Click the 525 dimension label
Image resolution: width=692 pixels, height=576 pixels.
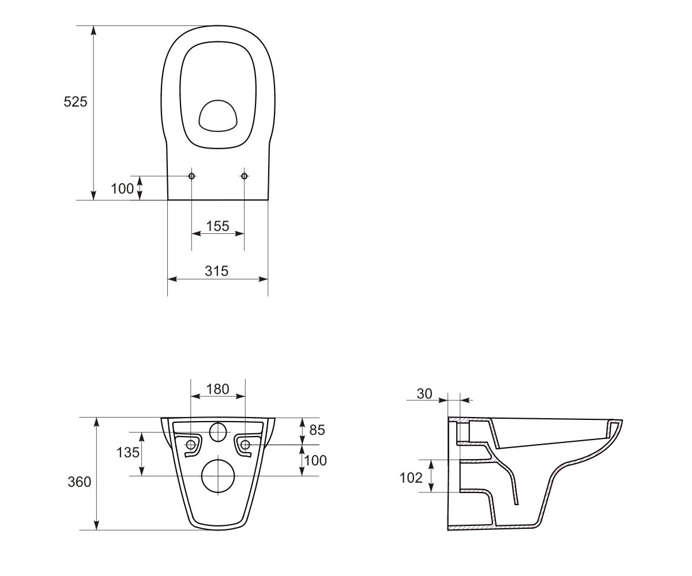[76, 101]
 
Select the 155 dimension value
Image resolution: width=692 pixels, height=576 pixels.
[218, 226]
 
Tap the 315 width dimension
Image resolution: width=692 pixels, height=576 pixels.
[217, 271]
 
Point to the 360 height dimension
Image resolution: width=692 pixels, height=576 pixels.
[80, 482]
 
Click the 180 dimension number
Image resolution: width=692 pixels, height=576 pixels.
[218, 389]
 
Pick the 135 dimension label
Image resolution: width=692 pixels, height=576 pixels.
[128, 453]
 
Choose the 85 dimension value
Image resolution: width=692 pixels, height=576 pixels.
[317, 430]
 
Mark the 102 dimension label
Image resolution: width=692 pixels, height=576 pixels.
[411, 478]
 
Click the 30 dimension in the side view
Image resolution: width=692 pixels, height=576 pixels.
[424, 394]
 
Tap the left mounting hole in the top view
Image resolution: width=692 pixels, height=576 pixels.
[191, 176]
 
